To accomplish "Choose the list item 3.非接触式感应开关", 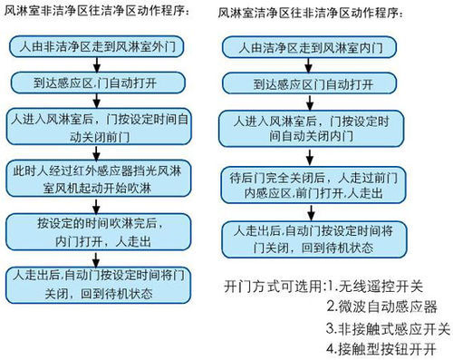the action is pyautogui.click(x=388, y=327).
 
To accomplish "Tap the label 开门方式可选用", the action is pyautogui.click(x=272, y=285).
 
